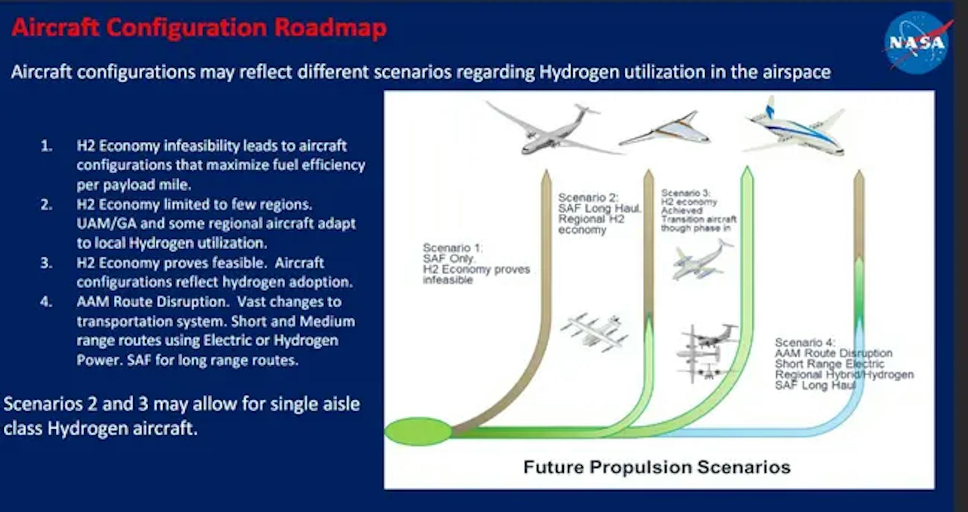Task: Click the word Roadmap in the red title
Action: (331, 27)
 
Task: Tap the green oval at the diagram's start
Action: (418, 431)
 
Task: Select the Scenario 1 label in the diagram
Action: (476, 264)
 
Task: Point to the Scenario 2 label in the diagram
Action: (599, 213)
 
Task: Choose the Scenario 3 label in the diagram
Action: (698, 211)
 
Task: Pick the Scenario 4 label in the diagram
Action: (844, 364)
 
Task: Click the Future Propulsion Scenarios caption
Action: (657, 467)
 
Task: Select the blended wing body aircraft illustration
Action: (664, 130)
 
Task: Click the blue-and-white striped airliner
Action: (794, 127)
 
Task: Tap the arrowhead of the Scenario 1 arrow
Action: (546, 177)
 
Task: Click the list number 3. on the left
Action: (46, 263)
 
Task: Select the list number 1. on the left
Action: (46, 146)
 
